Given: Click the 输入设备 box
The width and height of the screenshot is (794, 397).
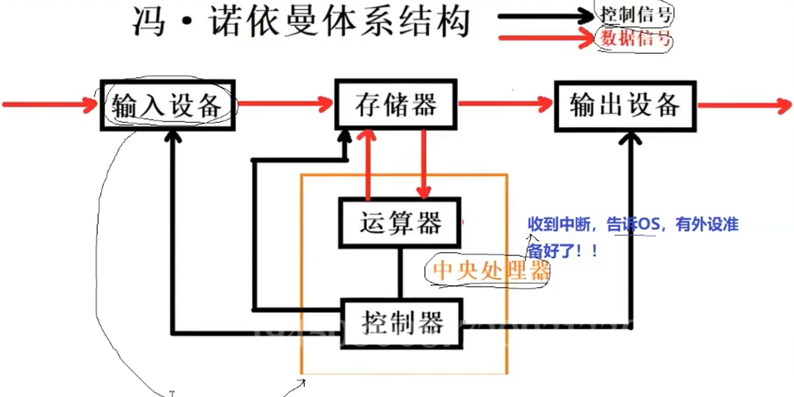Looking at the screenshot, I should pos(168,105).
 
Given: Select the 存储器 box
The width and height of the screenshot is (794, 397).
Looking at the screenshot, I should pos(396,104).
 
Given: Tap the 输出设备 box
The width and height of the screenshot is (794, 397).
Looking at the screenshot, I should pos(625,105).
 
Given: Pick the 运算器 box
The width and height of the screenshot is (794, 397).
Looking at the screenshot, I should pos(399,223).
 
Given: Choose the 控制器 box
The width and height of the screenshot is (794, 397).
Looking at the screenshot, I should pos(401,322).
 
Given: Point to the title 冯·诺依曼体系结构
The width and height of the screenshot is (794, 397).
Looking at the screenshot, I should pos(301,23).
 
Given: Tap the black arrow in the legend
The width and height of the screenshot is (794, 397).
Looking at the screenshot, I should pos(545,16).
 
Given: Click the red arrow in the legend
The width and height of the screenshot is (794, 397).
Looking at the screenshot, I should pos(545,38).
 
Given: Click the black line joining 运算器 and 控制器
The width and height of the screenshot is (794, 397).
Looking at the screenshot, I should pos(399,273).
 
